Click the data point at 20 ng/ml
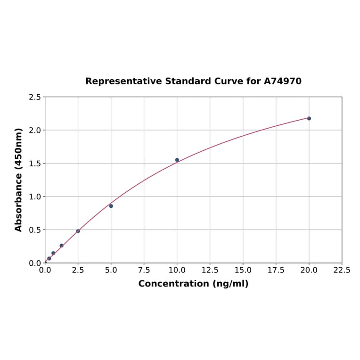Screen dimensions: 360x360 point(309,118)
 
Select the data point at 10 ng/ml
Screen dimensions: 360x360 point(177,160)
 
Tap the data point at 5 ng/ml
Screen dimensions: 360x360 point(111,206)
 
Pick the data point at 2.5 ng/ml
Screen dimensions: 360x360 point(78,231)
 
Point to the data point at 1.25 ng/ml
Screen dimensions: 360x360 point(61,245)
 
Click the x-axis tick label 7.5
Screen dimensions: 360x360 point(144,270)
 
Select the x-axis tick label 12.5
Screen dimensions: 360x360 point(210,270)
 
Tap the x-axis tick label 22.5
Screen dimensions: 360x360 point(342,270)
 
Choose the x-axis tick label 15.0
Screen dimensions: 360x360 point(243,270)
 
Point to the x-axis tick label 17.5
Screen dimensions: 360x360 point(276,270)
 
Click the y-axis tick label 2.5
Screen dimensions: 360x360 point(35,97)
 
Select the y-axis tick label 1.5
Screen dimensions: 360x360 point(35,164)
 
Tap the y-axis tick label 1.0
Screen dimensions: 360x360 point(35,196)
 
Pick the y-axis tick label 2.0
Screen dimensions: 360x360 point(35,130)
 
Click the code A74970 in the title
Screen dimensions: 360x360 point(283,81)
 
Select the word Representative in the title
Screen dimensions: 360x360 point(123,81)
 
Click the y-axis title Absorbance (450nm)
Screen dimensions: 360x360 point(19,180)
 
